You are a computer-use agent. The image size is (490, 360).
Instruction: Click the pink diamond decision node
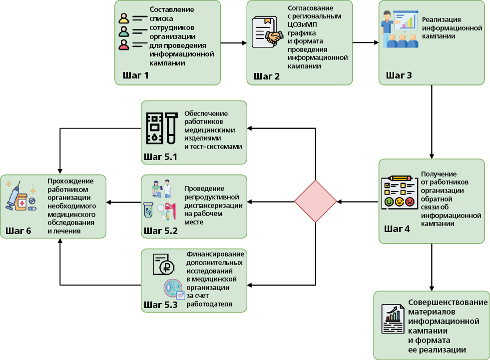coord(315,201)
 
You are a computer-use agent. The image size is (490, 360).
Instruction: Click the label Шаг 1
coord(136,75)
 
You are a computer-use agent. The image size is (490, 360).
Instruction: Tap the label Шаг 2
coord(267,76)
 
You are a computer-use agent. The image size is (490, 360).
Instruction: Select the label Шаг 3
coord(399,75)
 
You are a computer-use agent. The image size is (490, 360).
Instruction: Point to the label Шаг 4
coord(397,228)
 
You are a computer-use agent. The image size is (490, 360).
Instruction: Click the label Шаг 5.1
coord(160,156)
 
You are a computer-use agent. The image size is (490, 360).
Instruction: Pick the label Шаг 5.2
coord(161,231)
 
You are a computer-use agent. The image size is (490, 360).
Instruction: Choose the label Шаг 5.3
coord(161,304)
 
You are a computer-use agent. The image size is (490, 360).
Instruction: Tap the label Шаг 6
coord(18,231)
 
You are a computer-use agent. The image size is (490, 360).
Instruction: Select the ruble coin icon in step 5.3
coord(166,267)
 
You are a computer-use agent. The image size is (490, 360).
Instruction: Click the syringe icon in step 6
coord(13,196)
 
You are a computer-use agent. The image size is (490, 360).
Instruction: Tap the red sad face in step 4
coord(410,201)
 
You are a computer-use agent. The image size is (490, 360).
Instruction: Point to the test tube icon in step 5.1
coord(171,128)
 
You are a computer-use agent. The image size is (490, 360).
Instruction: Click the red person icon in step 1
coord(124,44)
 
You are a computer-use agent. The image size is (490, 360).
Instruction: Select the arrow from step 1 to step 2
coord(234,43)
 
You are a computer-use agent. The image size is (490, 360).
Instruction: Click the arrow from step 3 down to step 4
coord(432,122)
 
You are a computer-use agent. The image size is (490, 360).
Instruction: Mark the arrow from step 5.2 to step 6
coord(124,202)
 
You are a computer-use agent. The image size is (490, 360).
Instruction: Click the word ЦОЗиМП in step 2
coord(302,24)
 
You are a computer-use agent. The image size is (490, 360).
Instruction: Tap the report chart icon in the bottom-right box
coord(393,319)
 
